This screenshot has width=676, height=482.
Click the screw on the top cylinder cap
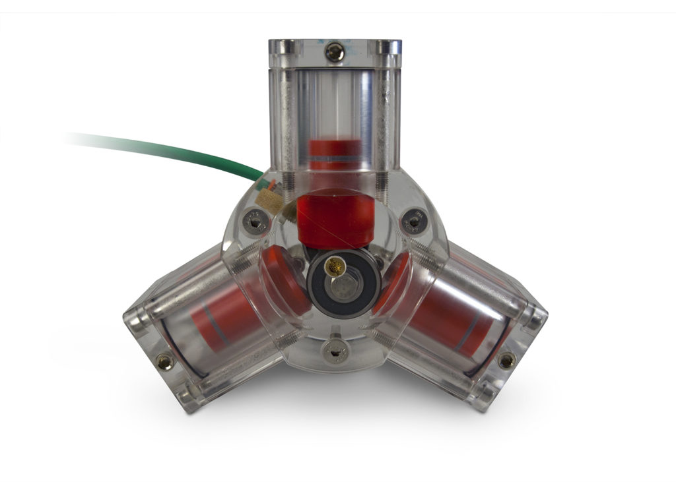coord(335,52)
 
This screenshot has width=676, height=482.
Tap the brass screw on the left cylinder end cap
coord(164,361)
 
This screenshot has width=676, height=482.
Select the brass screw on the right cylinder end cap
coord(506,360)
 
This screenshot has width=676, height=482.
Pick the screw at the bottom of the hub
coord(335,351)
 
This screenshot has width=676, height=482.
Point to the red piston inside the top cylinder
coord(335,148)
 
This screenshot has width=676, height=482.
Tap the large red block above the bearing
coord(335,221)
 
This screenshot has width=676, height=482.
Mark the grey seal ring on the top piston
coord(335,160)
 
